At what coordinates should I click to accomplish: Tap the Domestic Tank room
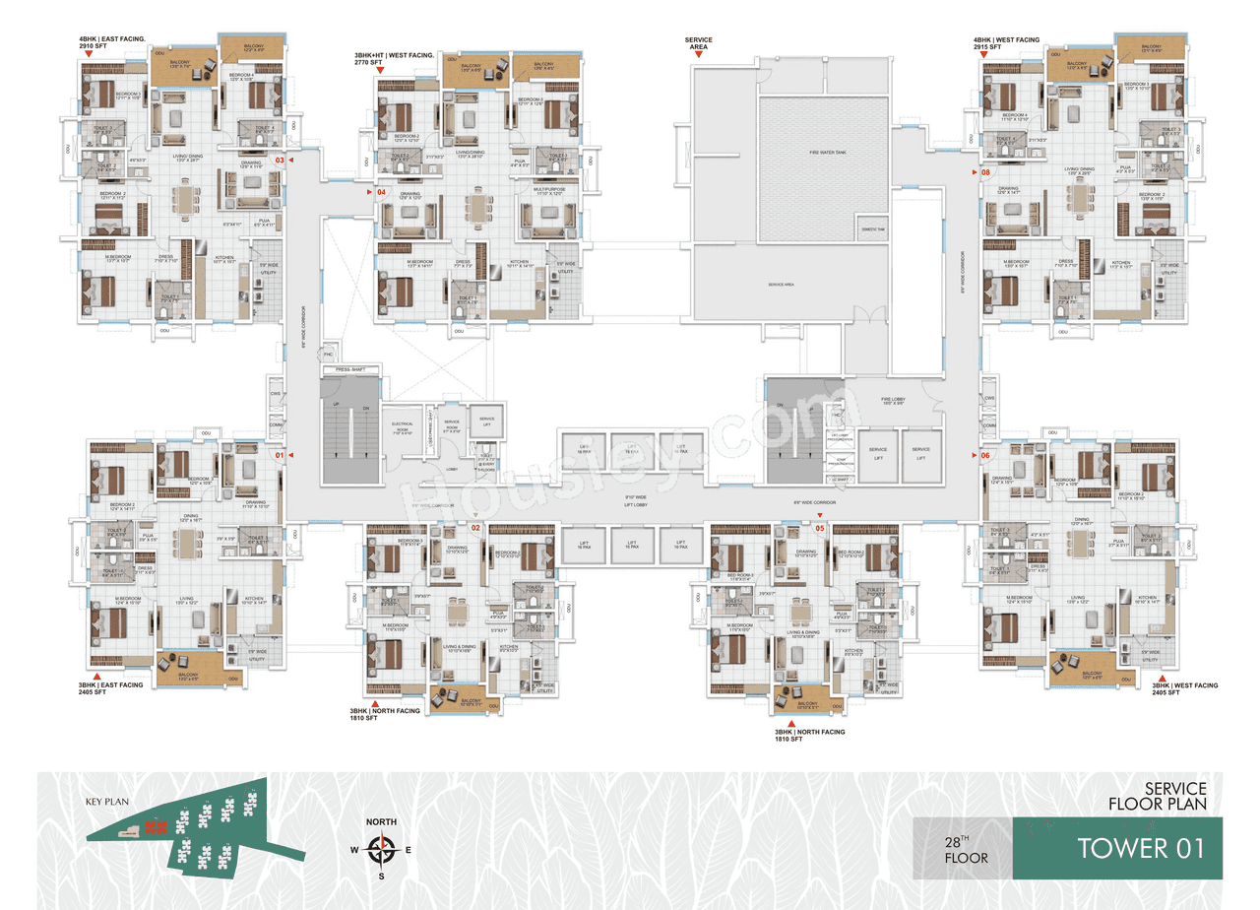(872, 228)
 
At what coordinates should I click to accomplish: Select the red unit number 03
(280, 160)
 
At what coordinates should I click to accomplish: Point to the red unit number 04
(381, 192)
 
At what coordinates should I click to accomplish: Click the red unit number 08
(985, 173)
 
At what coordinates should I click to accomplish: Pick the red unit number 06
(984, 455)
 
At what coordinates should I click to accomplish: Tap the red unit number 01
(280, 455)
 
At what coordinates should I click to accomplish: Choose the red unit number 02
(474, 528)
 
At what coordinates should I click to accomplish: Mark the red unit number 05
(819, 528)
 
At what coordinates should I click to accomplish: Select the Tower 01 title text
(1140, 848)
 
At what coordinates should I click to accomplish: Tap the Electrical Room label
(400, 430)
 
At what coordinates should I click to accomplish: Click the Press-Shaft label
(349, 369)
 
